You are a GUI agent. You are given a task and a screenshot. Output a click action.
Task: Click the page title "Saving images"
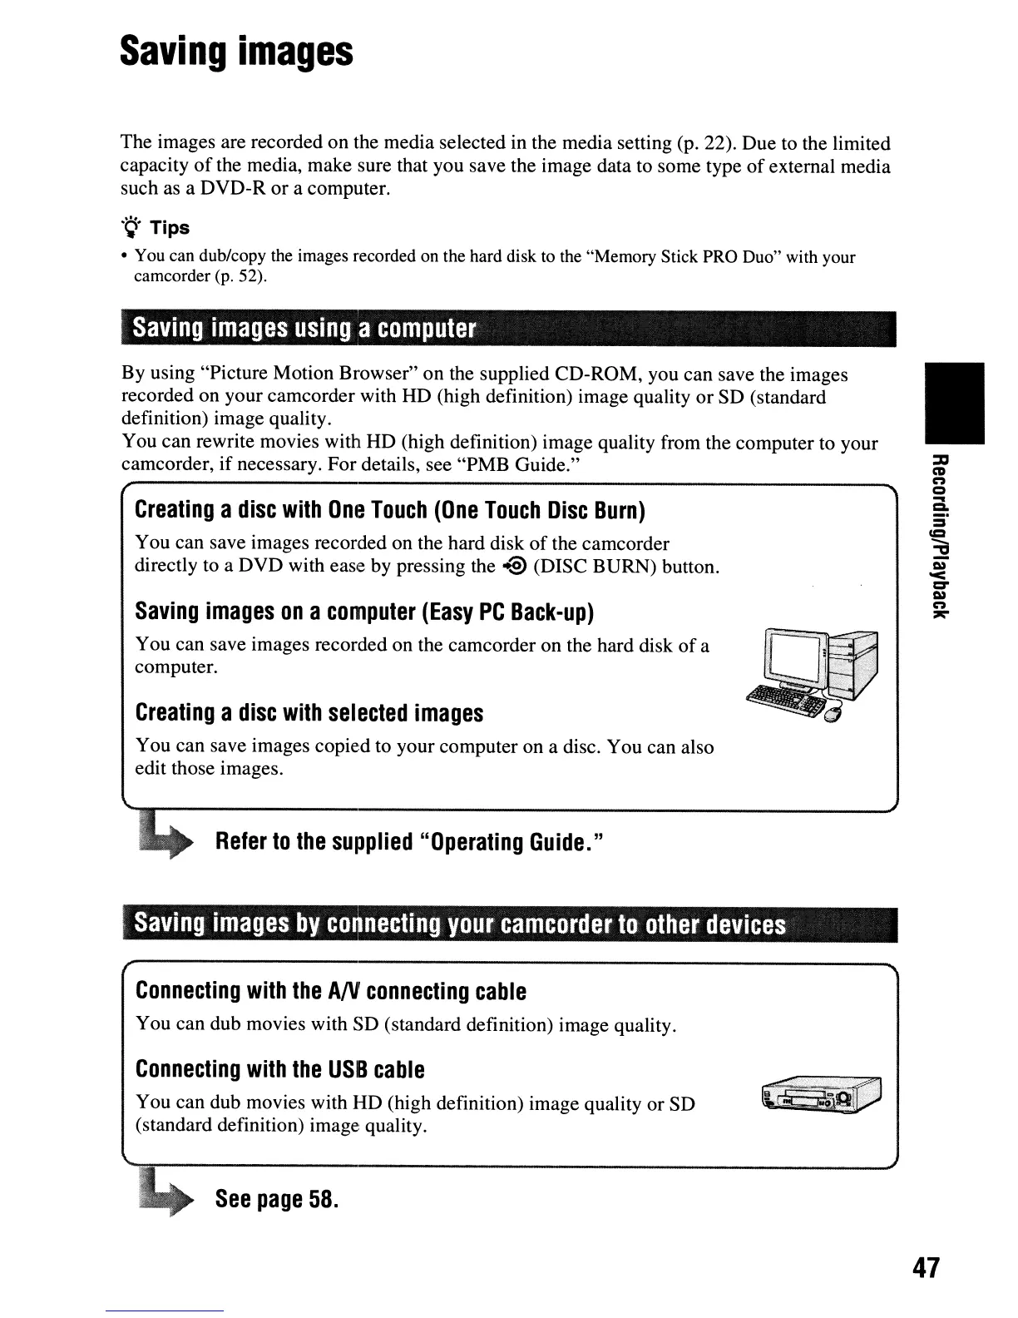(237, 52)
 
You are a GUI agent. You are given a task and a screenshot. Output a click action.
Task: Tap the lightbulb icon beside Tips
(130, 227)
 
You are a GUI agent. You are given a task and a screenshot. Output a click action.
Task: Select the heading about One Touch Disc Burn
(390, 509)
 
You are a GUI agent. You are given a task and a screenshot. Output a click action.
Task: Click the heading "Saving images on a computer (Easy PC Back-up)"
(364, 612)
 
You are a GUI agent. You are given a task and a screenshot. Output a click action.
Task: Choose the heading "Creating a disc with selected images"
(309, 713)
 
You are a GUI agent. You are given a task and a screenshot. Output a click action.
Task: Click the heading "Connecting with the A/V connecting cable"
(330, 991)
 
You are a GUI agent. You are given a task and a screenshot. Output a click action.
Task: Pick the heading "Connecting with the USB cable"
(279, 1069)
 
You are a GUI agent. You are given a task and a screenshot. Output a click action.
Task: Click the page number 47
(926, 1267)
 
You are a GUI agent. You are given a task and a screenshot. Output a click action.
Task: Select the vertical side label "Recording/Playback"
(939, 538)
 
